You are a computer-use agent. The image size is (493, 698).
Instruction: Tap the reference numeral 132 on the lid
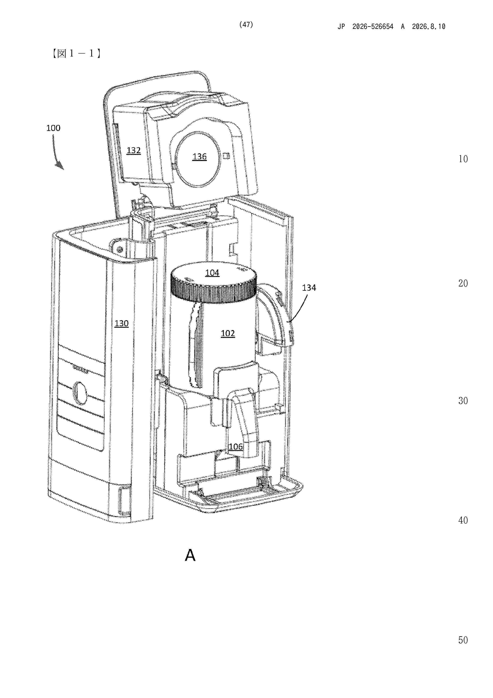(x=134, y=150)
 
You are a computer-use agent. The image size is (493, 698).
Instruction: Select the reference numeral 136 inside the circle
(x=199, y=157)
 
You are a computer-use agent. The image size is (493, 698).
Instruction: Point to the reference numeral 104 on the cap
(x=212, y=273)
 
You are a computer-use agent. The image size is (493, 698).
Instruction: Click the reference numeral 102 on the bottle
(x=228, y=333)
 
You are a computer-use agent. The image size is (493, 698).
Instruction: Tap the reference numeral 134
(x=309, y=288)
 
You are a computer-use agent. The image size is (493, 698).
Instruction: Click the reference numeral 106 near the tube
(x=236, y=446)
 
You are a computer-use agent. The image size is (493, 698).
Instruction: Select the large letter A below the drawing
(x=190, y=555)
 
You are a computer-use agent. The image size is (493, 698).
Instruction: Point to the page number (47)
(x=246, y=25)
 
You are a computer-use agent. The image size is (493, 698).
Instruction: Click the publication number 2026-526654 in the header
(x=373, y=26)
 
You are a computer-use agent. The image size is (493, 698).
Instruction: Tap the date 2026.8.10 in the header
(x=429, y=26)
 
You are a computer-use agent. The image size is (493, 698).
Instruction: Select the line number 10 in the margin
(x=463, y=159)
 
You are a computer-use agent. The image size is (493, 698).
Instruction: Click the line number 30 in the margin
(x=463, y=401)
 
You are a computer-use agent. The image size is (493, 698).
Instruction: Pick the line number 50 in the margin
(x=463, y=640)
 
